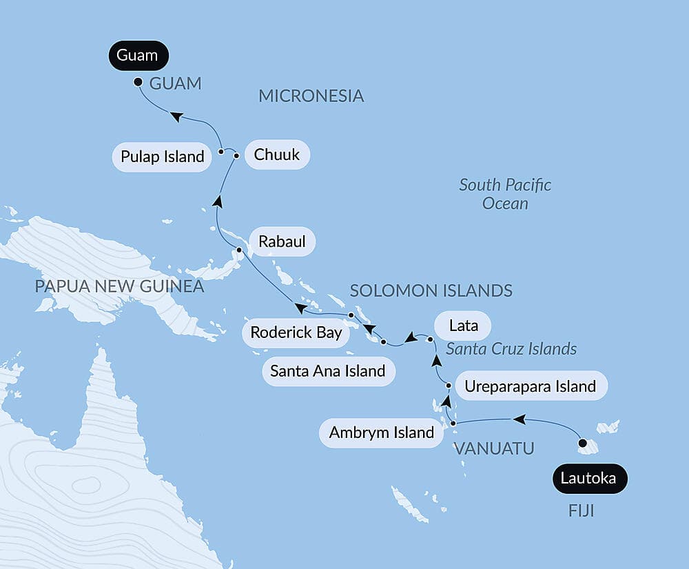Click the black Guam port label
137,56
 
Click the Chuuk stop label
276,154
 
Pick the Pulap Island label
162,157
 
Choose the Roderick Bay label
296,332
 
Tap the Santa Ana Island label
327,371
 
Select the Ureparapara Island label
530,386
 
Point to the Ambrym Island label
382,433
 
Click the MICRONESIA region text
311,96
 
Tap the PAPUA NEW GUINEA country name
120,286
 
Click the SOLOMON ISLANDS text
431,290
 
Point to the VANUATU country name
494,449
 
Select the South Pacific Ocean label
505,194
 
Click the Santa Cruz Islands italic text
511,348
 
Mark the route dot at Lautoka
583,443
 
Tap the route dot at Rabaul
239,250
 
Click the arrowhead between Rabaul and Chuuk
217,201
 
